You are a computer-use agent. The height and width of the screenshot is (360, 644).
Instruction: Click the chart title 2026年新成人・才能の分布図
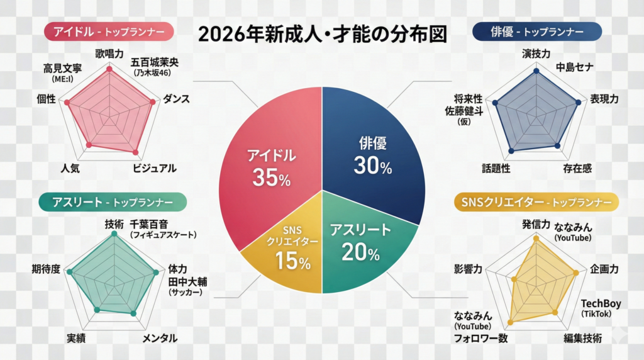pyautogui.click(x=322, y=33)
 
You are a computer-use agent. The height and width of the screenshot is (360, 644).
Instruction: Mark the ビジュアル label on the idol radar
pyautogui.click(x=154, y=168)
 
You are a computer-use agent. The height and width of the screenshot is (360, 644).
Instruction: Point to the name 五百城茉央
pyautogui.click(x=155, y=63)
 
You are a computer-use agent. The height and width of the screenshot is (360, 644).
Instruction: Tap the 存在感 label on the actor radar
pyautogui.click(x=577, y=168)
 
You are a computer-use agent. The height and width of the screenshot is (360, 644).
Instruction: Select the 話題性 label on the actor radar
pyautogui.click(x=496, y=168)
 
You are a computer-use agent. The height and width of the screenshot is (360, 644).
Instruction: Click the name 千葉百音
pyautogui.click(x=152, y=223)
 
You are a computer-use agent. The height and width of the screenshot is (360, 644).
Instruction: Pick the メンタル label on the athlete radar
pyautogui.click(x=159, y=338)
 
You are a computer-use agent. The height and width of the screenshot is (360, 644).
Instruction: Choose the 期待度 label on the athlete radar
pyautogui.click(x=46, y=269)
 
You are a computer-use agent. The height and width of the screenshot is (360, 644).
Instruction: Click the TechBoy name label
pyautogui.click(x=601, y=304)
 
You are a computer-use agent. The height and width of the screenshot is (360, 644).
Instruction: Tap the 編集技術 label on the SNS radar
pyautogui.click(x=583, y=338)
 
